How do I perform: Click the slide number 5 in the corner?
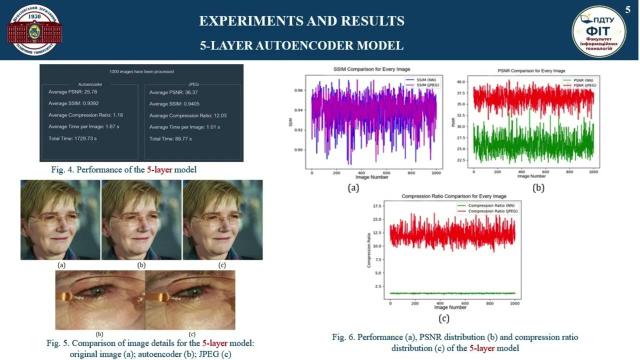coord(628,9)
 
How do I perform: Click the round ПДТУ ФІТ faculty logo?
coord(598,31)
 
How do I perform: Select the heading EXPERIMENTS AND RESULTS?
coord(301,21)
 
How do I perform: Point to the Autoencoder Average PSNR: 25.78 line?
coord(72,92)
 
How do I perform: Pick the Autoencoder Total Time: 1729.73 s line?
coord(72,138)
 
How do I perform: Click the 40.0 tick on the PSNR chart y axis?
coord(461,81)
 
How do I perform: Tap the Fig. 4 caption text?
coord(123,170)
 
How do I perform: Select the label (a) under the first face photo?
coord(61,265)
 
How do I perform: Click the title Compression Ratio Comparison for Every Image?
coord(454,196)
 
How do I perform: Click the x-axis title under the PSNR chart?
coord(531,176)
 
